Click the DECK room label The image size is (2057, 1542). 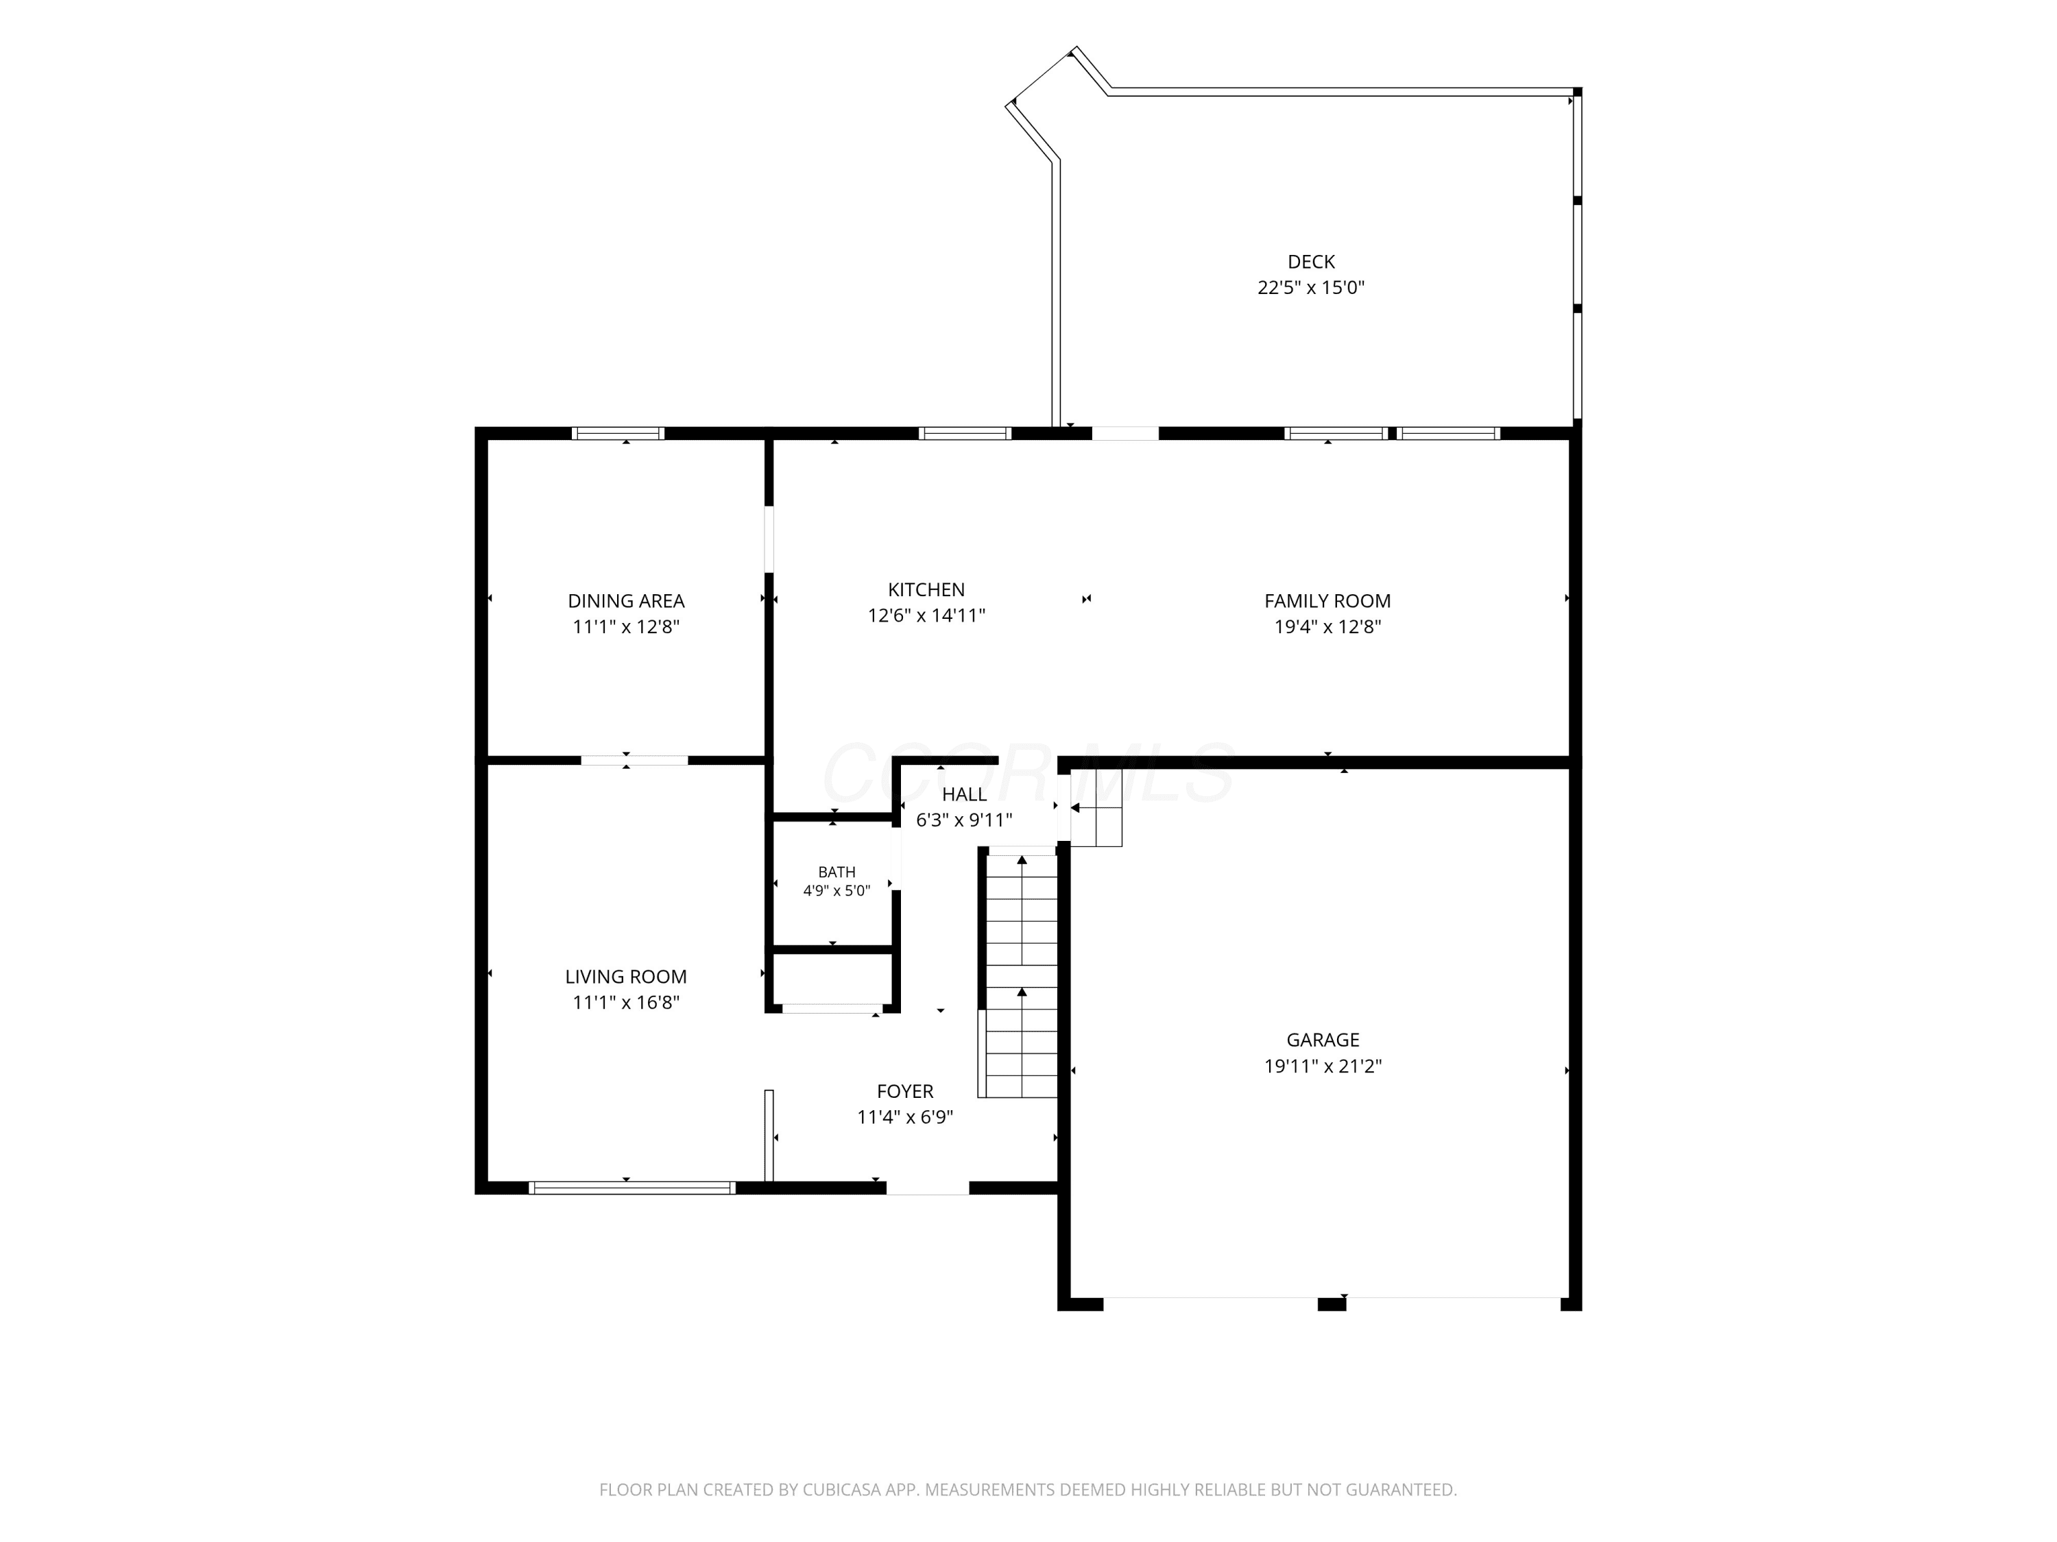[x=1311, y=262]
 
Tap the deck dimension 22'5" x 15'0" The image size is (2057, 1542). [x=1311, y=287]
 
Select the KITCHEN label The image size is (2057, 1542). [x=926, y=589]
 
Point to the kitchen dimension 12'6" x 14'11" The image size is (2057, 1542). [x=926, y=615]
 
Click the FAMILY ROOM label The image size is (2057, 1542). [x=1327, y=601]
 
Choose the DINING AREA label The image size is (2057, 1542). [x=626, y=601]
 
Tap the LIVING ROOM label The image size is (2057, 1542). [x=626, y=977]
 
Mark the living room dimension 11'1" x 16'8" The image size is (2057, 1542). [x=626, y=1003]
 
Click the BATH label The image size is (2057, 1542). [x=837, y=872]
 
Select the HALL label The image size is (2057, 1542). [x=964, y=795]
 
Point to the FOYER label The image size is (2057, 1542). [x=905, y=1091]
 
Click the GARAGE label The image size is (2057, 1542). [x=1323, y=1040]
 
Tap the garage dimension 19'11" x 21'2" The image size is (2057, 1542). [x=1323, y=1066]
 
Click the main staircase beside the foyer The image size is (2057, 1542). [x=1021, y=972]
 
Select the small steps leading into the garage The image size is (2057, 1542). [x=1096, y=808]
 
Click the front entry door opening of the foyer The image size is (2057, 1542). [x=927, y=1188]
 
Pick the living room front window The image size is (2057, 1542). [x=632, y=1188]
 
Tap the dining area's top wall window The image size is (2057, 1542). [x=618, y=433]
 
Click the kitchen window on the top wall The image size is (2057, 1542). [x=964, y=433]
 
